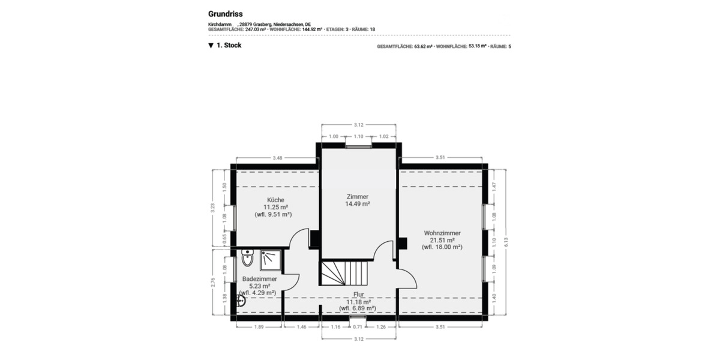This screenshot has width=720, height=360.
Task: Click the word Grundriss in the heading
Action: click(225, 13)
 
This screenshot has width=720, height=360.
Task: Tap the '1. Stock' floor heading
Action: click(229, 45)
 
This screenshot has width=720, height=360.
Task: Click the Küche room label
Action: click(276, 200)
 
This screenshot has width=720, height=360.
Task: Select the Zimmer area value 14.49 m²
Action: click(357, 204)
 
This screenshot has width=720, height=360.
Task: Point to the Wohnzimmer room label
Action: click(442, 233)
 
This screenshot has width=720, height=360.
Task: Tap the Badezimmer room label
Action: click(259, 279)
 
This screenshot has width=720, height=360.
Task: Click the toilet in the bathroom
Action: click(247, 259)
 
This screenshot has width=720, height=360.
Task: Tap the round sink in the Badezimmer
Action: click(240, 300)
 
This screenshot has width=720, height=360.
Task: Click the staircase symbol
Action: click(339, 273)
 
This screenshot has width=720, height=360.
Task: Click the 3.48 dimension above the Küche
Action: click(277, 158)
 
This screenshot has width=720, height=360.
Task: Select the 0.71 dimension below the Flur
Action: click(358, 327)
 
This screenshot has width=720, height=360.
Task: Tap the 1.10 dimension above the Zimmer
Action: click(359, 136)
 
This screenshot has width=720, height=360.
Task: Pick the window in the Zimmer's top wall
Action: click(359, 145)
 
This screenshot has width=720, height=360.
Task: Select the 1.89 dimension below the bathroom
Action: click(259, 327)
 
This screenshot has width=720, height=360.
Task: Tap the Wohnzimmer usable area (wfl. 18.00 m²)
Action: click(442, 247)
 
